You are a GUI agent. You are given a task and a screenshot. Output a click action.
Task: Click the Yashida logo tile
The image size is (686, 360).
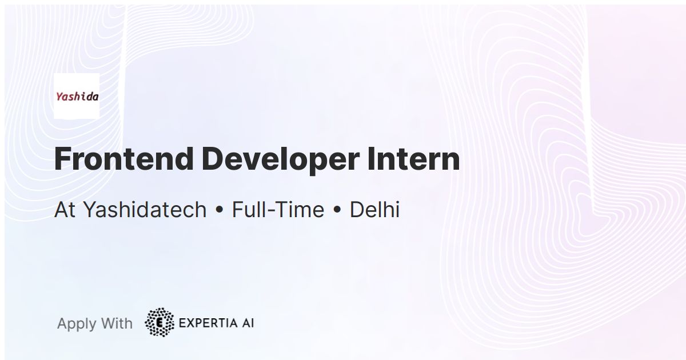[77, 96]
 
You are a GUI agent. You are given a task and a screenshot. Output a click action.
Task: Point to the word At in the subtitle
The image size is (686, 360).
[65, 210]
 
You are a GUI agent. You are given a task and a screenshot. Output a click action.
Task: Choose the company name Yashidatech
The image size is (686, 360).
[145, 210]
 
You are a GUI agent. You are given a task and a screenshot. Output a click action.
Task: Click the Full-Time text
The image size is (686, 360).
[278, 210]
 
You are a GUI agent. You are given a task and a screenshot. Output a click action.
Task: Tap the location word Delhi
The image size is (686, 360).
[374, 210]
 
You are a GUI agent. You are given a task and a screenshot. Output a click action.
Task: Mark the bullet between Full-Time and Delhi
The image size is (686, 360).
[337, 211]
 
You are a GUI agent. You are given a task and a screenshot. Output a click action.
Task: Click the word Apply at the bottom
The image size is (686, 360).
[77, 324]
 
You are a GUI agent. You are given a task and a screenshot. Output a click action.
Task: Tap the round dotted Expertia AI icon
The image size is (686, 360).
[159, 322]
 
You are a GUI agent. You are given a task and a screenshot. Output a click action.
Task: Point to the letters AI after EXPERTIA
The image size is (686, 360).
[247, 323]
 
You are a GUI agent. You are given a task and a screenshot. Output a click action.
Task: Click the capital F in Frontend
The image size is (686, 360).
[62, 159]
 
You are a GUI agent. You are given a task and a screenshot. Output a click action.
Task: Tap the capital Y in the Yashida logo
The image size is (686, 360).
[59, 96]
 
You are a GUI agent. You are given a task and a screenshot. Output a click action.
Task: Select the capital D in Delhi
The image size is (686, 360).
[356, 210]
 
